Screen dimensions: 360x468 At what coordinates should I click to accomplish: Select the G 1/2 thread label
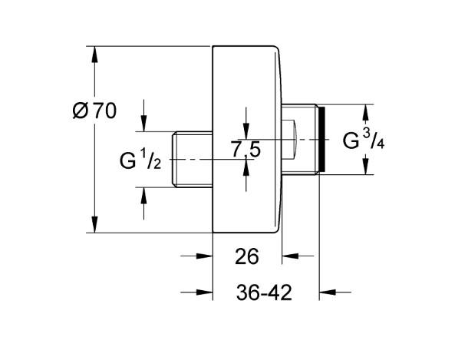tap(140, 160)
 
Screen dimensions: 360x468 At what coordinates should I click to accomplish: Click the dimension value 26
tap(247, 256)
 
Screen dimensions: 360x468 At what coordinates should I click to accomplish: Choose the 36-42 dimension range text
tap(265, 293)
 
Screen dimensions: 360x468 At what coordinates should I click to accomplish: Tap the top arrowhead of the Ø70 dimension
tap(94, 54)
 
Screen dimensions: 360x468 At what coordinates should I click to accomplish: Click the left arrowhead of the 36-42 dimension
tap(206, 292)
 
